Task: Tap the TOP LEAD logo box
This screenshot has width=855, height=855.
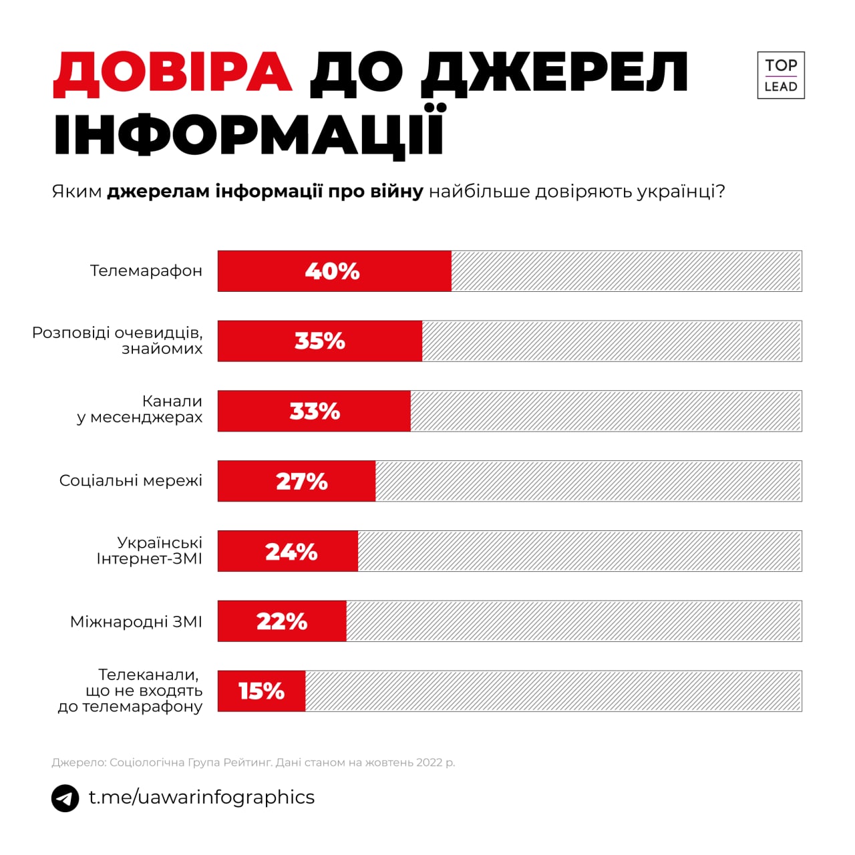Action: [780, 75]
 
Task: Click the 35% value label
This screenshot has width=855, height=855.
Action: [320, 341]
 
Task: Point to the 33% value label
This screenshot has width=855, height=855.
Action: [315, 411]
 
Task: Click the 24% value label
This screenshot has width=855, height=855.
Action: [291, 552]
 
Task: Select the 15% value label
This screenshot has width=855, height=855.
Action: [261, 691]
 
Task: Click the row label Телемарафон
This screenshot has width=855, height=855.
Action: [146, 271]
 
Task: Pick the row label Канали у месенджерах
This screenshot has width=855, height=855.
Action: [140, 409]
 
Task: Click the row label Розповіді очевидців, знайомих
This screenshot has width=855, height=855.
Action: [118, 341]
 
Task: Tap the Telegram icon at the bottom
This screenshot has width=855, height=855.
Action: [65, 798]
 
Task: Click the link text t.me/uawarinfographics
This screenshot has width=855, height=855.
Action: [201, 797]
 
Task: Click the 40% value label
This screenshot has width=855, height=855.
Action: [332, 271]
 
